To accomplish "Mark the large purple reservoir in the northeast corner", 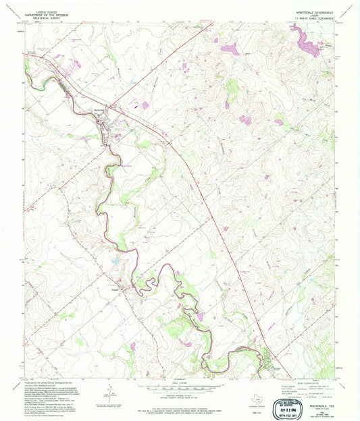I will pyautogui.click(x=310, y=45).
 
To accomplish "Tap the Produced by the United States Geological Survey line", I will pyautogui.click(x=54, y=382).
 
